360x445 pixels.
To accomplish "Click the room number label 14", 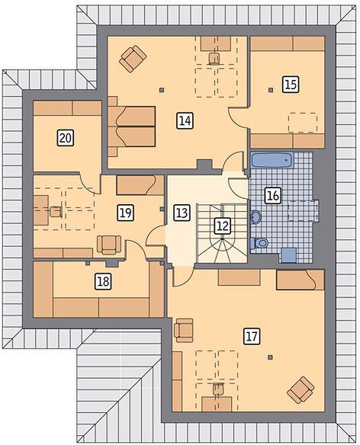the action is [185, 120].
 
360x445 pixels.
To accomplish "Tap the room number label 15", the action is [291, 85].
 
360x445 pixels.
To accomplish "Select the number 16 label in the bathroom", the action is [273, 195].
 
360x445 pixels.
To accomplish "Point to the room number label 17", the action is [252, 336].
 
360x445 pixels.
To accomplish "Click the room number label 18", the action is [103, 281].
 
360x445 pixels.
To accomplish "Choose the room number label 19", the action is [125, 213].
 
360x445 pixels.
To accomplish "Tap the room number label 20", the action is [66, 138].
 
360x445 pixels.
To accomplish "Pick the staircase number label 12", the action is [222, 226].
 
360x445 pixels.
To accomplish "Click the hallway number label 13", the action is [182, 213].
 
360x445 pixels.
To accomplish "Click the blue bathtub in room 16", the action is [272, 160].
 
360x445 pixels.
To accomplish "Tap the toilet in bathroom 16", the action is [259, 242].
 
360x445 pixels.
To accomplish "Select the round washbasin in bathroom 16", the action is [256, 217].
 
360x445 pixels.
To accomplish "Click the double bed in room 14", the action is [131, 126].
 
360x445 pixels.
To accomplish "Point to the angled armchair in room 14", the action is [133, 59].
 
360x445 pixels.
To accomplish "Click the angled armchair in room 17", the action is [301, 390].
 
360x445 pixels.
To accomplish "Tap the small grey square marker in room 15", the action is [271, 90].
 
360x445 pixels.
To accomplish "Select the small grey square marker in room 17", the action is [271, 357].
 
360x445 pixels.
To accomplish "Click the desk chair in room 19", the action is [56, 212].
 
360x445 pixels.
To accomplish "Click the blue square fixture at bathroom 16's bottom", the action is [288, 255].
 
